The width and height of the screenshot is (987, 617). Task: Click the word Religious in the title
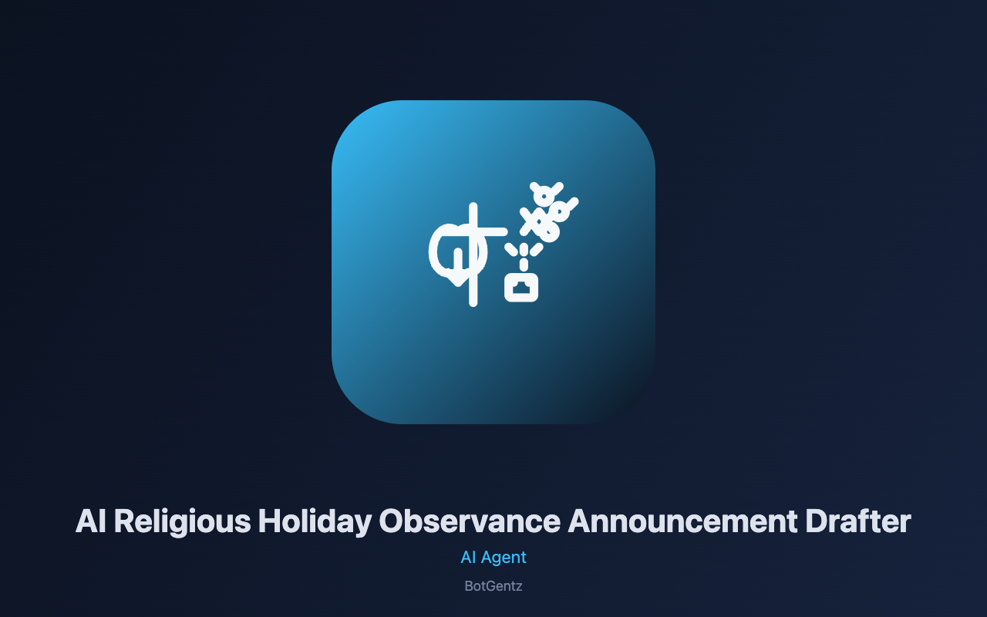point(183,522)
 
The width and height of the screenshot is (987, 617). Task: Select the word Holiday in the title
point(315,522)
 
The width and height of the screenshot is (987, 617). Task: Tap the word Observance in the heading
point(470,521)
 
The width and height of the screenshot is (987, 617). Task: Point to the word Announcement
point(683,521)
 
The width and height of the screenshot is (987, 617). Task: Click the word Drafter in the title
point(858,521)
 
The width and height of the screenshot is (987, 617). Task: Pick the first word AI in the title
point(91,521)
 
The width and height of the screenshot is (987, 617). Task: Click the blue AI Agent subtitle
point(493,558)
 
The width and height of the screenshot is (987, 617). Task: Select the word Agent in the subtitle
point(504,558)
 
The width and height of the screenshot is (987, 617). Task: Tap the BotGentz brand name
point(493,586)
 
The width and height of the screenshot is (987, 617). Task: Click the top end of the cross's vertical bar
point(473,204)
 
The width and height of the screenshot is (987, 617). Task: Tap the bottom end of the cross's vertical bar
point(473,304)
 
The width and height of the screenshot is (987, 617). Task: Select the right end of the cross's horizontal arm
point(505,232)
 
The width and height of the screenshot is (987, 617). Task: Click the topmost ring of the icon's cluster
point(544,196)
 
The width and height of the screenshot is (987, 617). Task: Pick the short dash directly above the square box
point(524,265)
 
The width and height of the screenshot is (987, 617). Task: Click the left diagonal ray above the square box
point(511,249)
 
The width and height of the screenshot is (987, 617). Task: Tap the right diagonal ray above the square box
point(536,249)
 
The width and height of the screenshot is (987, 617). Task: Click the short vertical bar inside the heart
point(458,260)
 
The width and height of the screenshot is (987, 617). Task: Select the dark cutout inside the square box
point(521,288)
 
